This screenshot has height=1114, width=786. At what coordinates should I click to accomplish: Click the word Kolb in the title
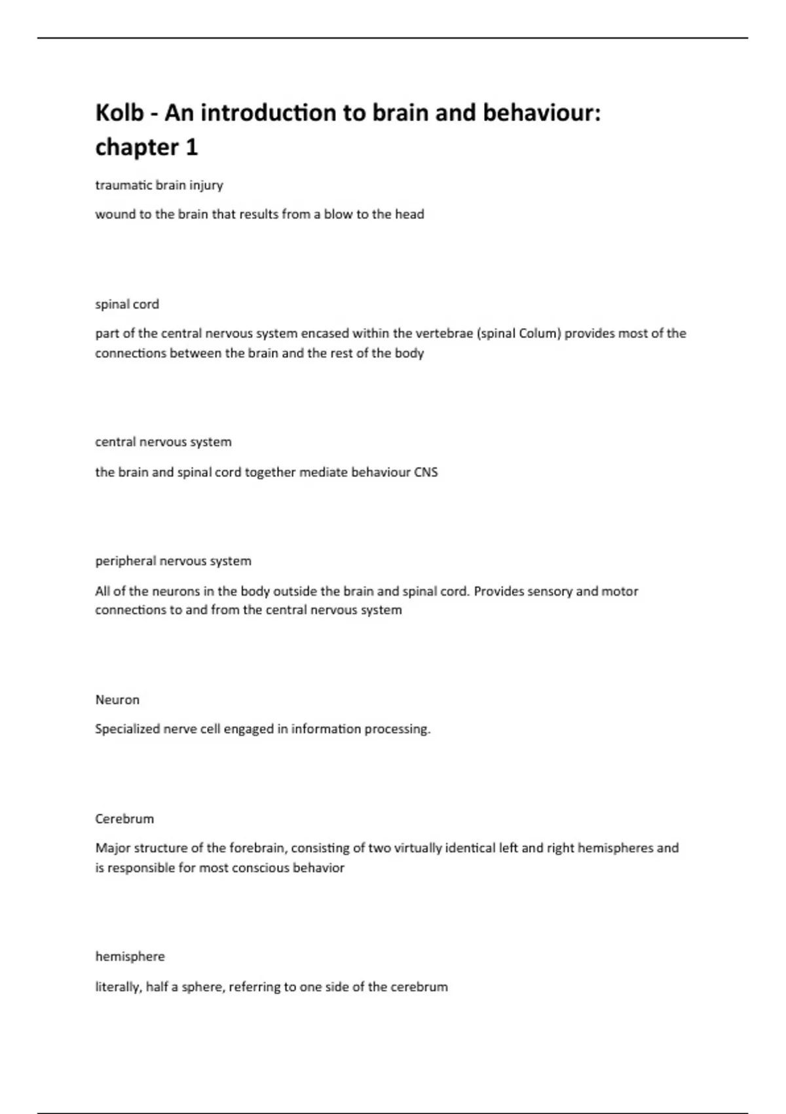(x=119, y=113)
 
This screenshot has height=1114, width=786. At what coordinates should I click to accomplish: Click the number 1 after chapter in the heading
(x=191, y=148)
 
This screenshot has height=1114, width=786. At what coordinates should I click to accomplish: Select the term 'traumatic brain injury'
(x=159, y=185)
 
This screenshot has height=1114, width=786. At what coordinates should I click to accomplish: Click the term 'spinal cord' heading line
(x=127, y=304)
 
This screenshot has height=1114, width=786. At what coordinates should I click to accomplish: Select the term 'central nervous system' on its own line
(x=163, y=442)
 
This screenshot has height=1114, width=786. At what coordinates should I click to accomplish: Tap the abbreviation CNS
(x=426, y=472)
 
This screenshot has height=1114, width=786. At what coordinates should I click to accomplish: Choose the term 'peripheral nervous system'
(x=173, y=561)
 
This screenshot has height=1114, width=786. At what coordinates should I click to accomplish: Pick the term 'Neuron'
(x=117, y=700)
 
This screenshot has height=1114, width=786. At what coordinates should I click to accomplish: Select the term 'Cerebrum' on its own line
(x=124, y=819)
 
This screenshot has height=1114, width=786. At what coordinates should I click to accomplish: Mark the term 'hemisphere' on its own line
(x=130, y=957)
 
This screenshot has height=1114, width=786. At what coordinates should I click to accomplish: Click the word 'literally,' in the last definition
(x=119, y=987)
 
